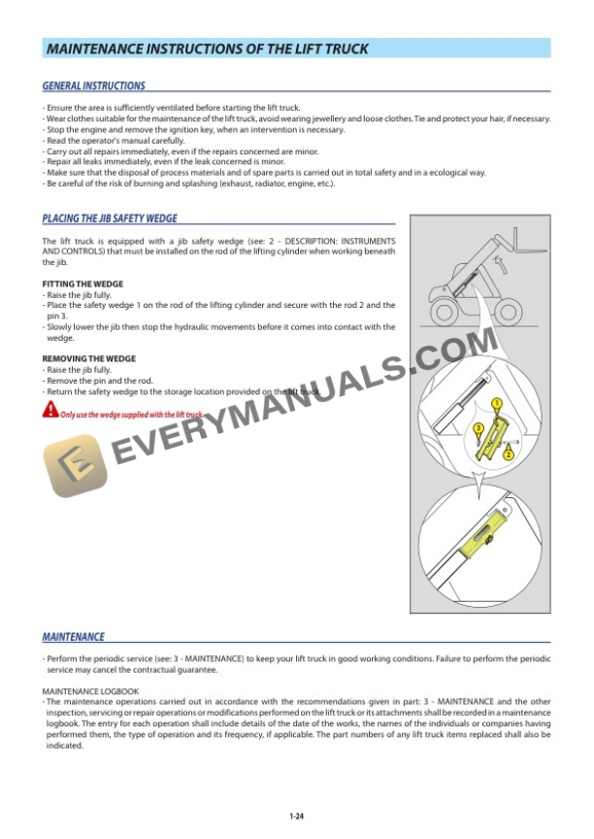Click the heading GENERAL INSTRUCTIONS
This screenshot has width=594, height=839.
point(93,85)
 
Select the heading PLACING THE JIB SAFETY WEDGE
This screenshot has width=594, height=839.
point(110,218)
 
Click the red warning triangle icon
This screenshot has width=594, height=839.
point(49,412)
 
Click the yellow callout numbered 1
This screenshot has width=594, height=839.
point(496,402)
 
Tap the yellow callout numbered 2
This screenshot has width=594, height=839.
point(509,454)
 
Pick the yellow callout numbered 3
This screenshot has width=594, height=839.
point(478,428)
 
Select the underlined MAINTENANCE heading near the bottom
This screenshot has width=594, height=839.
point(73,637)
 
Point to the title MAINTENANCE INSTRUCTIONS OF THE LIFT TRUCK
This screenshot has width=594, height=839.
point(208,49)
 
